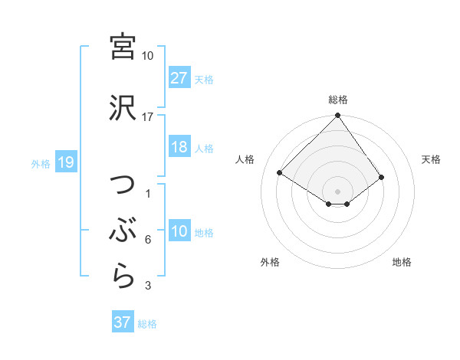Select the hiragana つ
[x=123, y=187]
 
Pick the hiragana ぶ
[x=123, y=229]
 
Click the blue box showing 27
[x=179, y=78]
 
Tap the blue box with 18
[x=179, y=148]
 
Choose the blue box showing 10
[x=179, y=232]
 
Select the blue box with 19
[x=65, y=162]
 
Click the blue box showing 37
[x=123, y=322]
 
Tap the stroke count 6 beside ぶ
[x=148, y=240]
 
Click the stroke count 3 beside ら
[x=148, y=286]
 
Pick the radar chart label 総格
[x=337, y=100]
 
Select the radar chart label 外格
[x=270, y=262]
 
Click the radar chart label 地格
[x=402, y=262]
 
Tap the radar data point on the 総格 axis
[x=337, y=116]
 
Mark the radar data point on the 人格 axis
[x=280, y=172]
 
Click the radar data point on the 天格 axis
[x=382, y=177]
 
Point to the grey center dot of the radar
[x=337, y=191]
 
